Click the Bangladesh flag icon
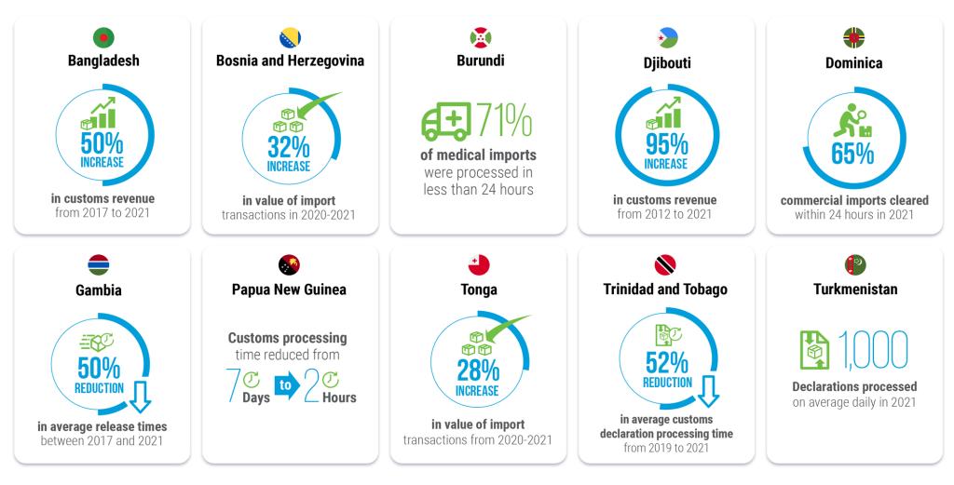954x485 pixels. coord(102,38)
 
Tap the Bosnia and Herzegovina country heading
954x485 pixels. coord(290,61)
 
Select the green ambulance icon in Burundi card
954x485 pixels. coord(445,123)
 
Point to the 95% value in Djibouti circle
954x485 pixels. coord(666,143)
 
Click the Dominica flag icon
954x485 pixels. coord(854,38)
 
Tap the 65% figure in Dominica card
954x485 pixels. coord(852,153)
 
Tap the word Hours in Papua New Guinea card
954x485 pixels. coord(340,397)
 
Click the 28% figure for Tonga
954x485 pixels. coord(478,370)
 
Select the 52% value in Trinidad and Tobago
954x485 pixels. coord(666,362)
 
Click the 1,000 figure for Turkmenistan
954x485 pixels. coord(873,350)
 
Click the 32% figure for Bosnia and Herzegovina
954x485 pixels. coord(289,147)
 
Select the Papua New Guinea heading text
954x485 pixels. coord(289,290)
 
